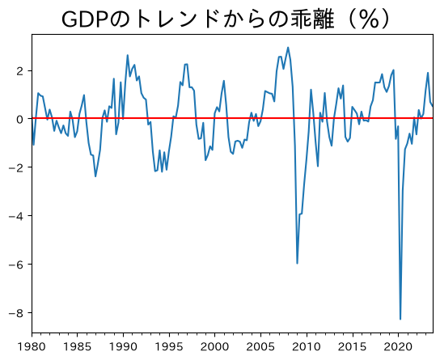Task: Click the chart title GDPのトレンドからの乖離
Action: [198, 19]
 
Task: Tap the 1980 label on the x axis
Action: [32, 347]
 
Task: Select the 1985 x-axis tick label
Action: [78, 347]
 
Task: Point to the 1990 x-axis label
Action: [123, 347]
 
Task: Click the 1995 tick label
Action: [169, 347]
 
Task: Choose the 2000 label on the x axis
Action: [214, 347]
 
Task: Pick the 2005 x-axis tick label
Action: [260, 347]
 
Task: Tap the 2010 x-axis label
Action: [307, 347]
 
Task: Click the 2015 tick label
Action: [352, 347]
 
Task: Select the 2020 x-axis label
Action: [398, 347]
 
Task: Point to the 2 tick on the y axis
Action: [20, 71]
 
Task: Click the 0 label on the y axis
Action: [20, 120]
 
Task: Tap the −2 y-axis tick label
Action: [16, 168]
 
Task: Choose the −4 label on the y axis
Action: [16, 217]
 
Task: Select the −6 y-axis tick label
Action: [16, 265]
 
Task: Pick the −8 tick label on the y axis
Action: [16, 313]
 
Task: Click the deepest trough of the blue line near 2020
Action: [400, 319]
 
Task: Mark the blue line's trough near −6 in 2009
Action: [297, 264]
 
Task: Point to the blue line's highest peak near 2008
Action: [288, 48]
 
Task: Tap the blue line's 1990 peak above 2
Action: [128, 55]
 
